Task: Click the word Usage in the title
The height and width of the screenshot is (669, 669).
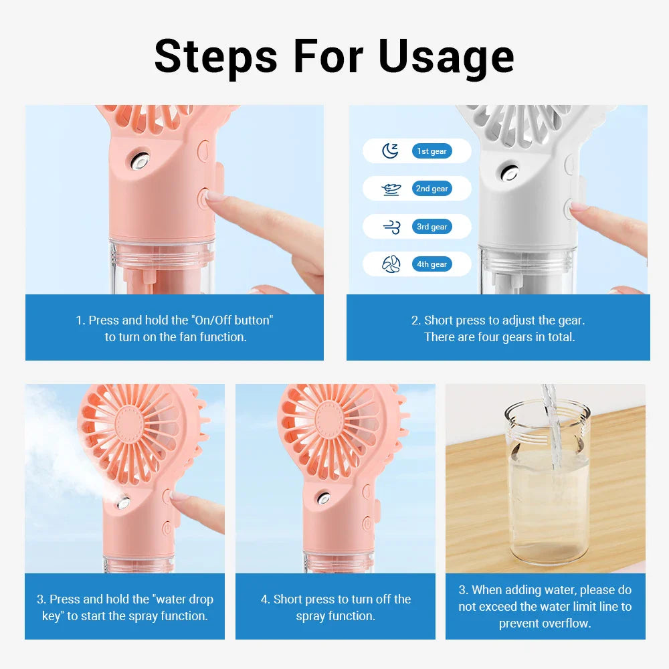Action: point(446,57)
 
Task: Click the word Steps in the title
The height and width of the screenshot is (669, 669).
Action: point(215,57)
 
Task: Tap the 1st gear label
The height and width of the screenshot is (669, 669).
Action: point(432,151)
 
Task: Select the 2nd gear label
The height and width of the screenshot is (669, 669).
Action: point(432,189)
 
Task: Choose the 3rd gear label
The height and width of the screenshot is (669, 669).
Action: point(432,227)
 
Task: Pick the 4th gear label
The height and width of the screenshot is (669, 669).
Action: point(432,264)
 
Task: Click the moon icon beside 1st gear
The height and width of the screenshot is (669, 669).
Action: point(390,151)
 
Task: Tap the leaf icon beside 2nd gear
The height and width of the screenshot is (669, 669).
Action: point(391,189)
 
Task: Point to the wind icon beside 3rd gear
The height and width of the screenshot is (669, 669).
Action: point(391,227)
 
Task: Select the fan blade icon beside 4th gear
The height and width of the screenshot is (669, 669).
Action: point(391,265)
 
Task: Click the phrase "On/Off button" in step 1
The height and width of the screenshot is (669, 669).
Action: point(233,320)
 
